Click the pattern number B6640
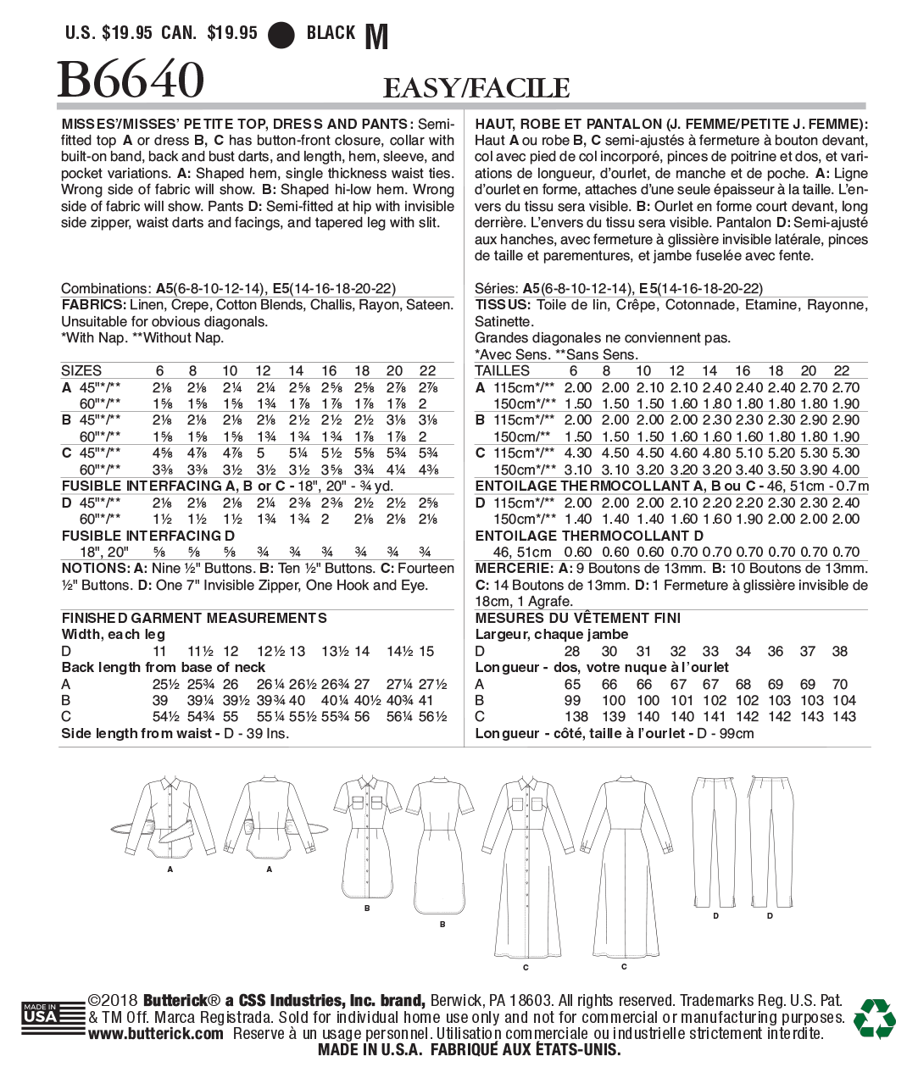pyautogui.click(x=131, y=81)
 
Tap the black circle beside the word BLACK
pyautogui.click(x=281, y=35)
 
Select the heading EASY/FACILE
pyautogui.click(x=476, y=88)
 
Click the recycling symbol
pyautogui.click(x=874, y=1018)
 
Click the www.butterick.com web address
pyautogui.click(x=156, y=1034)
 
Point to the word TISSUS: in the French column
pyautogui.click(x=503, y=305)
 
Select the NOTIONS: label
pyautogui.click(x=94, y=569)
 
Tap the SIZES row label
pyautogui.click(x=81, y=371)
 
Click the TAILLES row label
pyautogui.click(x=502, y=371)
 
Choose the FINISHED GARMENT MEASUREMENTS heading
pyautogui.click(x=194, y=619)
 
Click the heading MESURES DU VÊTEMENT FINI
pyautogui.click(x=578, y=619)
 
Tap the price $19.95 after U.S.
pyautogui.click(x=127, y=34)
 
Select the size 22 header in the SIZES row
pyautogui.click(x=428, y=371)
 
